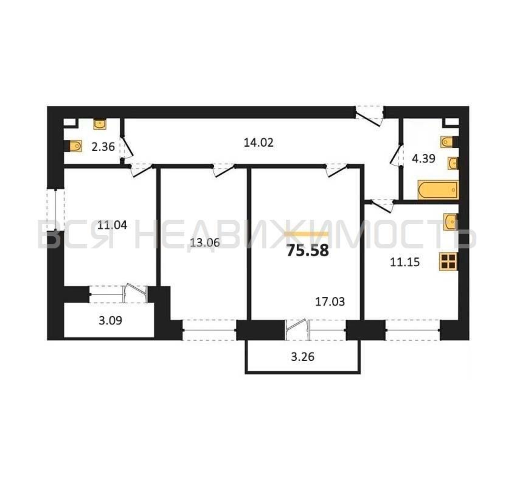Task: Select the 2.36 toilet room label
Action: point(103,147)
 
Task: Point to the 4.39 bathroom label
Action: point(424,159)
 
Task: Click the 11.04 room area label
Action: point(112,225)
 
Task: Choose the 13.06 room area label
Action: point(205,243)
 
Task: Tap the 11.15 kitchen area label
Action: point(405,262)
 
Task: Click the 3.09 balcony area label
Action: point(110,321)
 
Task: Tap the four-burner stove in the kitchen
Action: point(448,262)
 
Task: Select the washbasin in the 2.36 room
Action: point(100,124)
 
